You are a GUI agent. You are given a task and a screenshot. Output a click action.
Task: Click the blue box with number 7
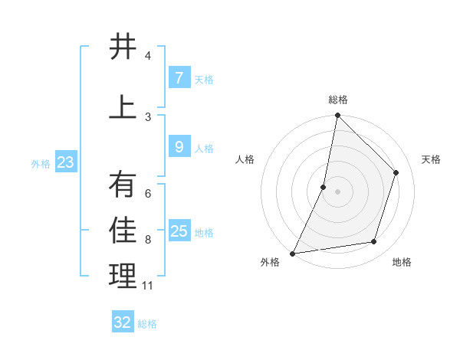[x=179, y=78]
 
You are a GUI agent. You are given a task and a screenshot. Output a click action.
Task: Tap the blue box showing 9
[x=179, y=147]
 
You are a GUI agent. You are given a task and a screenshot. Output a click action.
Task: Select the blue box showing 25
[x=179, y=231]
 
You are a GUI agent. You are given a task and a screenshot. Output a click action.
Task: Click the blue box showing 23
[x=65, y=162]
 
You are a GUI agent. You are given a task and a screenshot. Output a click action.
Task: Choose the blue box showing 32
[x=123, y=322]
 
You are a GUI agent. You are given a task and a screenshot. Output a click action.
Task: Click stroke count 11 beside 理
[x=148, y=286]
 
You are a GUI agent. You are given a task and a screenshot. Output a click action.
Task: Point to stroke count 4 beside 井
[x=148, y=56]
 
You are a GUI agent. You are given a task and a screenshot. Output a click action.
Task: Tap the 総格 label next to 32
[x=147, y=324]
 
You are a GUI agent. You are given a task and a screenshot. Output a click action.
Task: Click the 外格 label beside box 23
[x=41, y=163]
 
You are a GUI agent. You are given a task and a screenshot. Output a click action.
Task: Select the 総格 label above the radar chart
[x=338, y=100]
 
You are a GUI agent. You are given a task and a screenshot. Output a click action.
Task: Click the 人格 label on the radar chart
[x=245, y=159]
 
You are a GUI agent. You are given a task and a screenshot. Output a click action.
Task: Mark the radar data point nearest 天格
[x=396, y=172]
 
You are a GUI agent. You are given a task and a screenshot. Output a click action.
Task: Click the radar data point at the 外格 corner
[x=292, y=253]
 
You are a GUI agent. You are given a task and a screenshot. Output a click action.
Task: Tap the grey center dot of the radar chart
[x=337, y=191]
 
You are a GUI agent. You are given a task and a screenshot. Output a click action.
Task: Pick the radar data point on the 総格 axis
[x=337, y=115]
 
